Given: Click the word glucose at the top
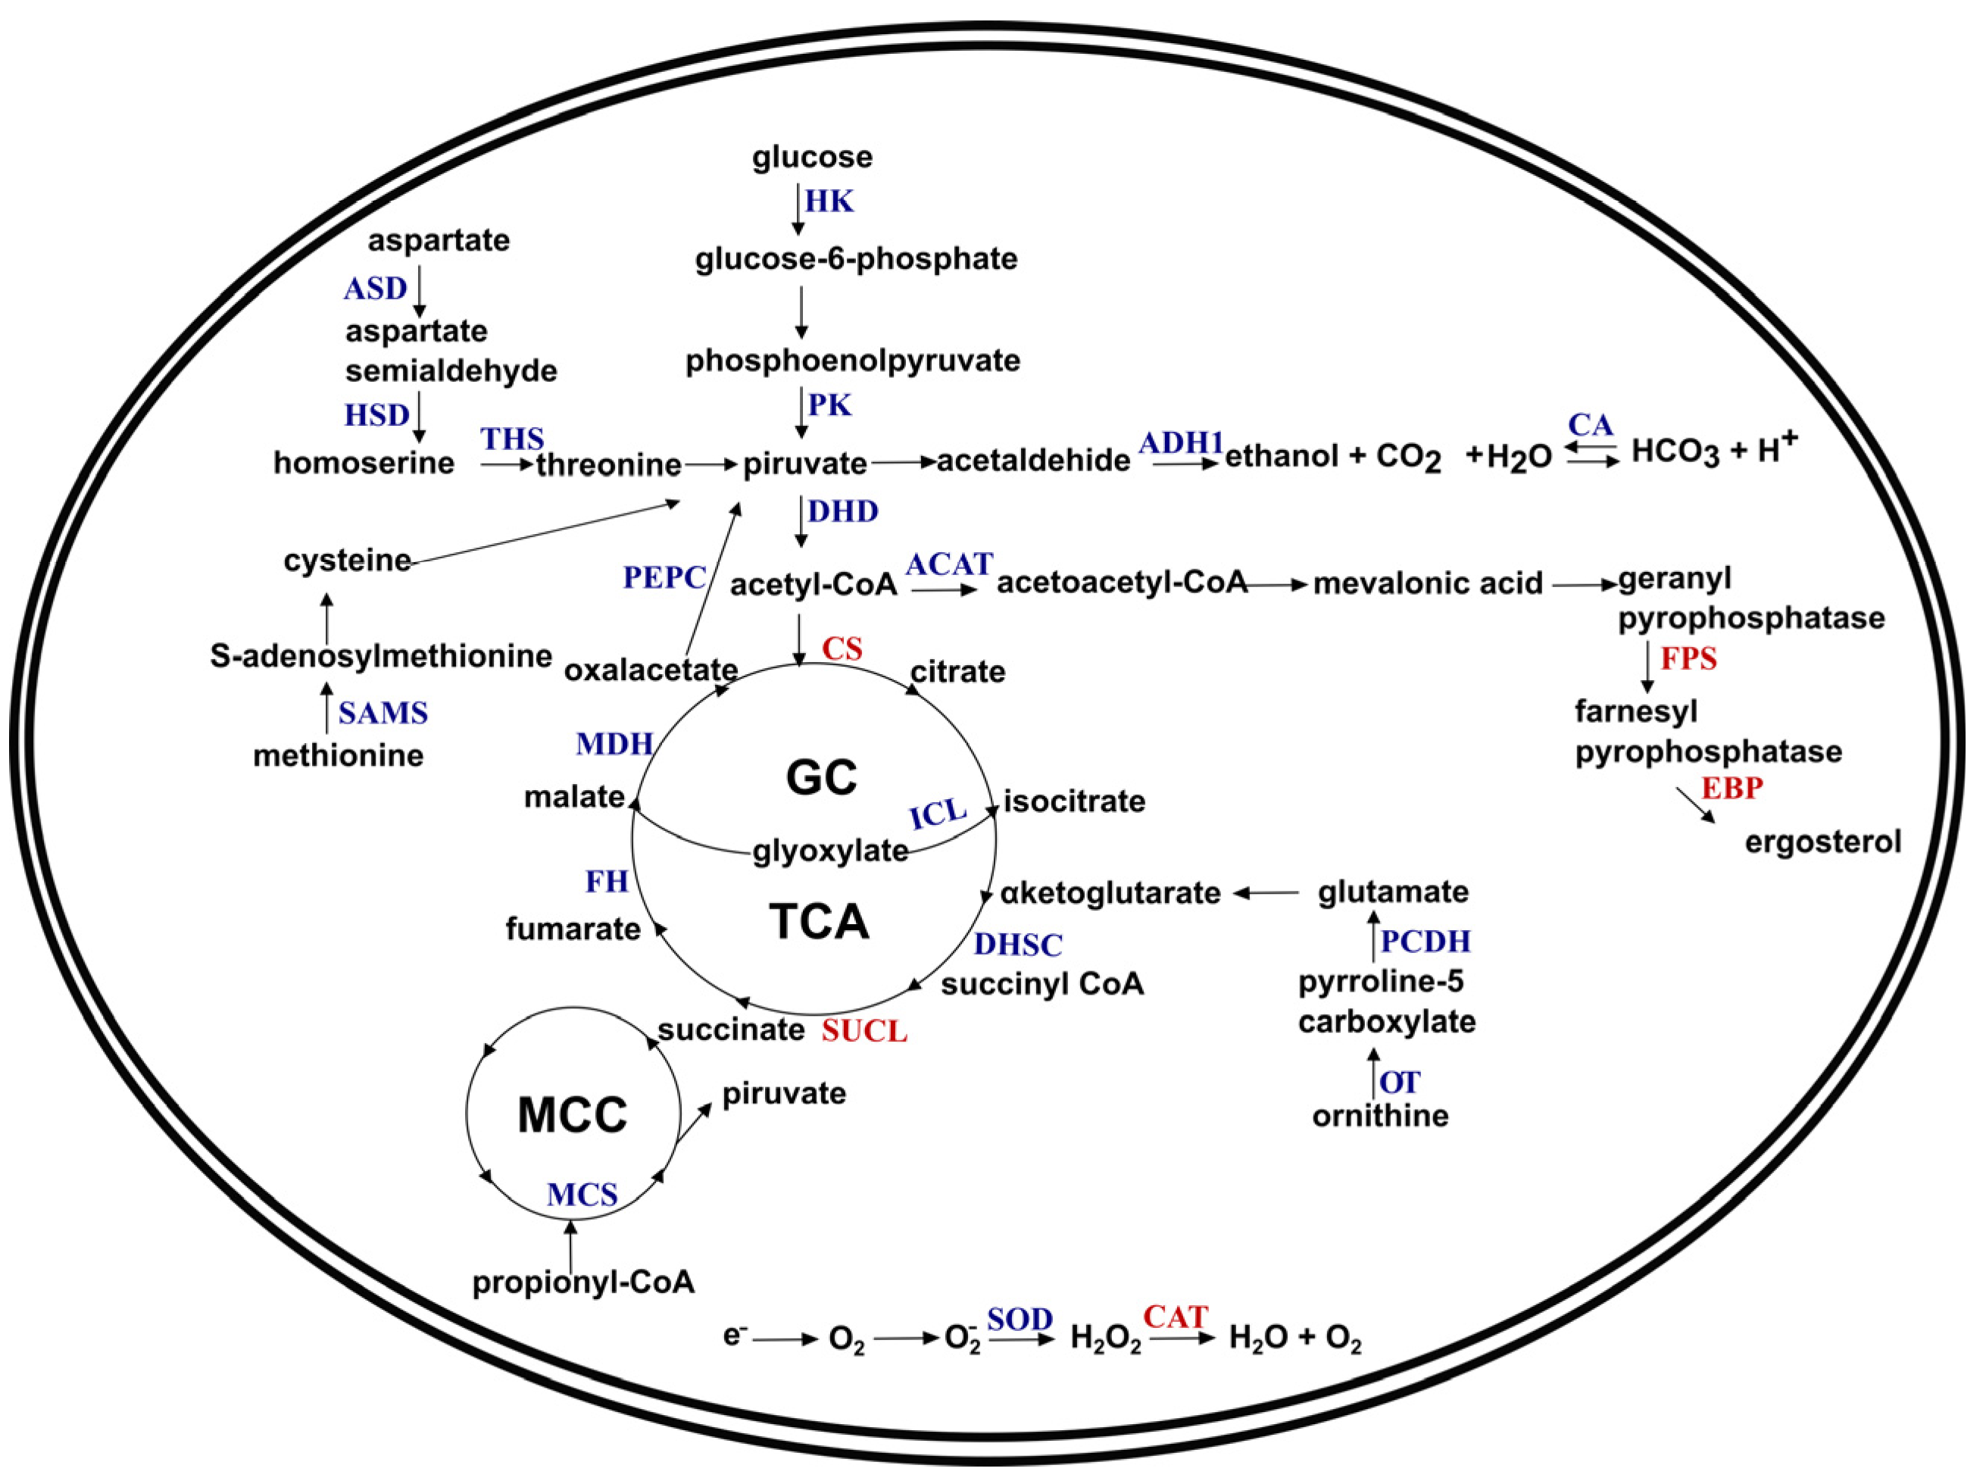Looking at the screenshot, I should (811, 157).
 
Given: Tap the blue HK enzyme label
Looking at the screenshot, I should (829, 201).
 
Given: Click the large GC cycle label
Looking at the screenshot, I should (821, 776).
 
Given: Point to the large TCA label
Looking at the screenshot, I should (820, 921).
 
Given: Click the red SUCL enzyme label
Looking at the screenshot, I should (864, 1031).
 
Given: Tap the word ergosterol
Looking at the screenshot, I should (1822, 842).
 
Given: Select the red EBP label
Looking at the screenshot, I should (1732, 788).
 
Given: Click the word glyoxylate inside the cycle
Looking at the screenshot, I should (830, 850).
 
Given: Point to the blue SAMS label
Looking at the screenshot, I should (383, 713).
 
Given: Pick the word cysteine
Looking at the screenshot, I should (347, 561).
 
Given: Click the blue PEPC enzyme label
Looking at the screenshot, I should (664, 577).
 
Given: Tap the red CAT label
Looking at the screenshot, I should (1176, 1317).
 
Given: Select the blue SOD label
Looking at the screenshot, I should (1020, 1319).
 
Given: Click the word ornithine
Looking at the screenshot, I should (1379, 1116).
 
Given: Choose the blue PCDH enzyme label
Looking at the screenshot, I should (1426, 941).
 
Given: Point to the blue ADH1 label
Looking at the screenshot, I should (1181, 442).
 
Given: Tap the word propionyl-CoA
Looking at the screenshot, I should (583, 1282).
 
